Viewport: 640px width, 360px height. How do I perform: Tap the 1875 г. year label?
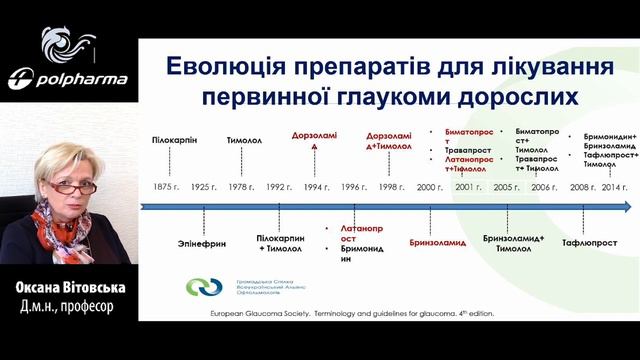(164, 187)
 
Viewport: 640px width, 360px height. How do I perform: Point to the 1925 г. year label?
(204, 187)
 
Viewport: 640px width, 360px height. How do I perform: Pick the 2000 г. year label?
(430, 187)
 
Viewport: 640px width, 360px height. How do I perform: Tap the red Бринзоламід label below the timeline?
(438, 242)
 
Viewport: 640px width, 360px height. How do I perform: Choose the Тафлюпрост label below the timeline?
(587, 243)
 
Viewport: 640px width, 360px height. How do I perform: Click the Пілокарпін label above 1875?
(175, 141)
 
